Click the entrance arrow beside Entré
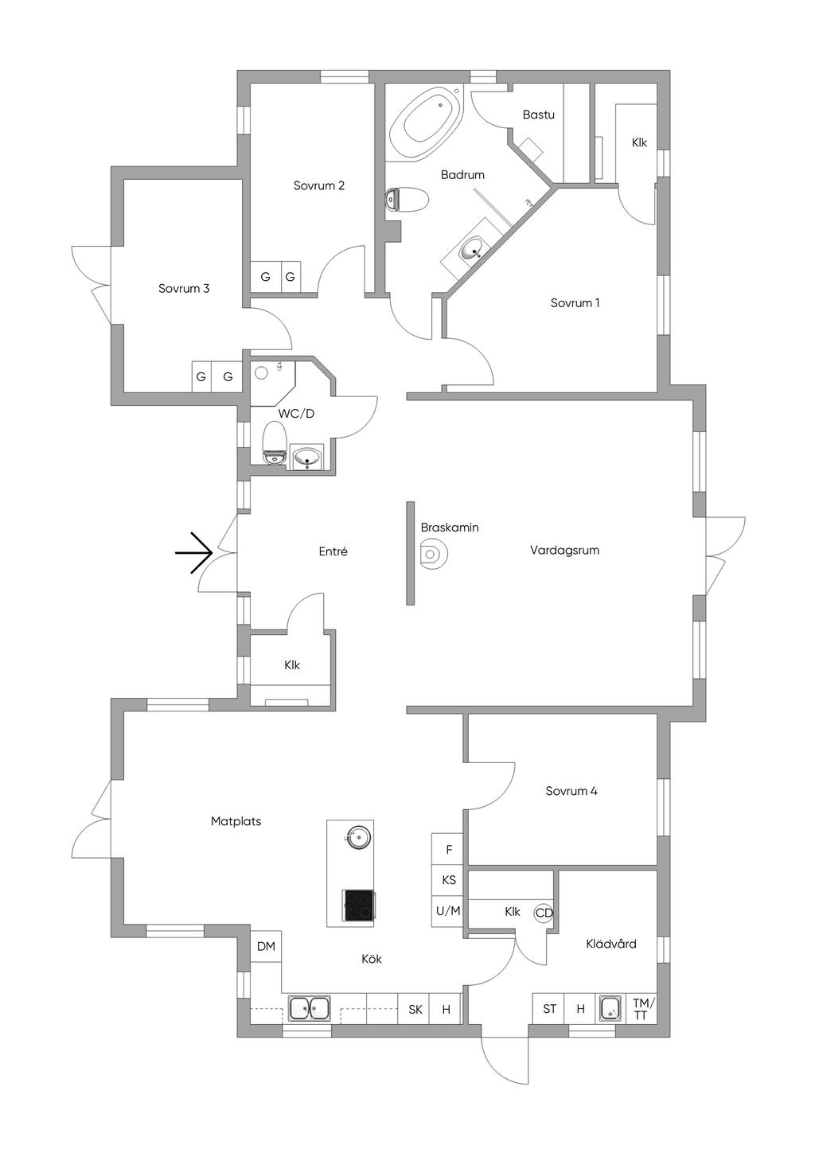[x=194, y=553]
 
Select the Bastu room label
[x=539, y=115]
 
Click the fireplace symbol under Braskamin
[x=431, y=554]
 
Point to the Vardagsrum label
[x=565, y=551]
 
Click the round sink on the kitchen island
[x=356, y=837]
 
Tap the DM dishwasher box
[x=266, y=946]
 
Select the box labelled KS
[x=448, y=880]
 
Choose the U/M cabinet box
[x=448, y=911]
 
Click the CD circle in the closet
[x=544, y=913]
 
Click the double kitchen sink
[x=310, y=1008]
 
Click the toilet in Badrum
[x=406, y=199]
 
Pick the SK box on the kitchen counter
[x=415, y=1010]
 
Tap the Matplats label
[x=236, y=821]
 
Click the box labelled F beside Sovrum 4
[x=448, y=849]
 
